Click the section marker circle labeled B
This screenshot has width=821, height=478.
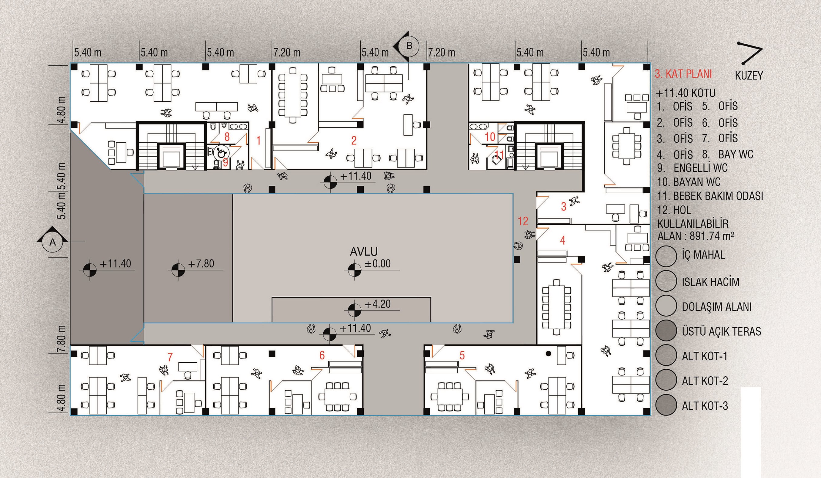[409, 46]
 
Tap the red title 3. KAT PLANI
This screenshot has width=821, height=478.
[683, 74]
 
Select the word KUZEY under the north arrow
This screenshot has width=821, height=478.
[749, 76]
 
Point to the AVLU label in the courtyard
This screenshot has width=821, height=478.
[364, 252]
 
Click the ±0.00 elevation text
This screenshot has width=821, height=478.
[377, 264]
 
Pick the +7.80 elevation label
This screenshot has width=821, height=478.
[201, 264]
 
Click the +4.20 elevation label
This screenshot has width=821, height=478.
[377, 304]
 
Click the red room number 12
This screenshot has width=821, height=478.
[523, 221]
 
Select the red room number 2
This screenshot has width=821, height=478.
[354, 141]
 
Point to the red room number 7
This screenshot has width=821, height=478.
[170, 357]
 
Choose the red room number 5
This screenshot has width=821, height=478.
[462, 355]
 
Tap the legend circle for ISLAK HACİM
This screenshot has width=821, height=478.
[666, 281]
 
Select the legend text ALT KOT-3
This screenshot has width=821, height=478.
[705, 406]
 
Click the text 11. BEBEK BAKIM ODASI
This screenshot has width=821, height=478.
[710, 196]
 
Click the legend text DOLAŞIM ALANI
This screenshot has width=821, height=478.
[717, 307]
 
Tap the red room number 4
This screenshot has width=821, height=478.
[562, 241]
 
